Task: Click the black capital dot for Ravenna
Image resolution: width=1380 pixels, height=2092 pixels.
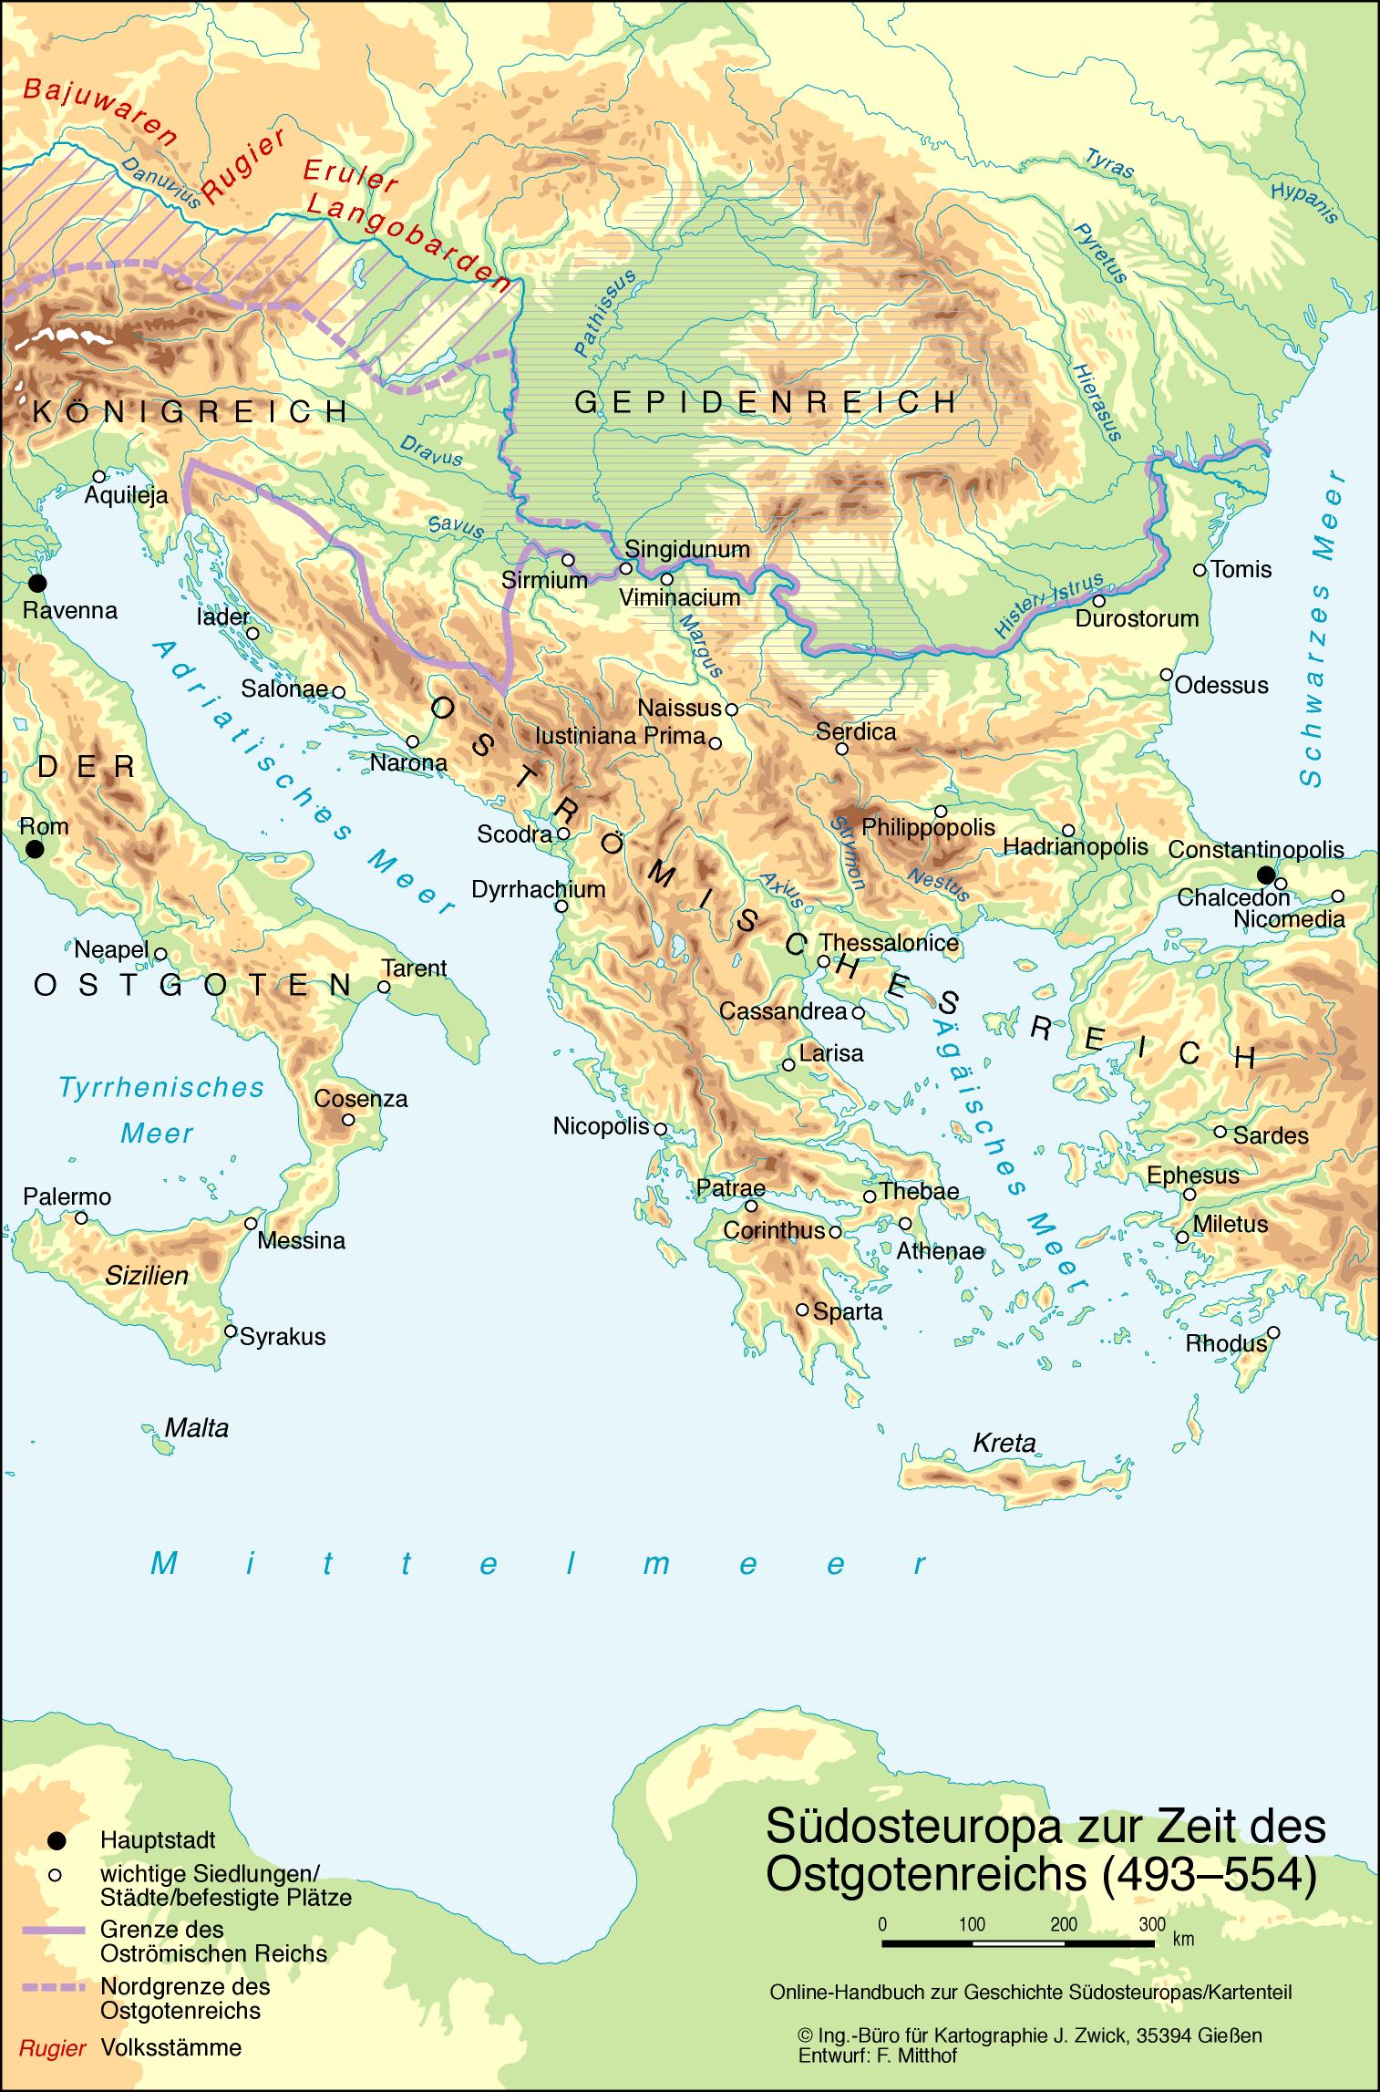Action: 36,583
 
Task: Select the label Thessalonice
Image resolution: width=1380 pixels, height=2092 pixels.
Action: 889,943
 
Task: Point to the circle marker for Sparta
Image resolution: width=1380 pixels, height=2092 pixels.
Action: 802,1310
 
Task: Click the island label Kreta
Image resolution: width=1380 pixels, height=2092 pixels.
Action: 1004,1443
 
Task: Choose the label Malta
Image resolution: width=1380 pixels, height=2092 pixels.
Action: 196,1428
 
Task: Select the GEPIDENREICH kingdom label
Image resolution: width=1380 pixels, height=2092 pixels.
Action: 766,401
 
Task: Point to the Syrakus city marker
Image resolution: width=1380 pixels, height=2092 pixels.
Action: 231,1331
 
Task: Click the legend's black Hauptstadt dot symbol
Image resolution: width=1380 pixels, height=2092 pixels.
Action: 57,1839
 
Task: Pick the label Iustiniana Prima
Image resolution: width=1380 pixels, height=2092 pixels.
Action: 620,736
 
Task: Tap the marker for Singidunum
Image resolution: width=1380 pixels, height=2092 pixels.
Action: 626,568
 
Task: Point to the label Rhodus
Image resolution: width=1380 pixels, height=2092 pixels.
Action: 1225,1344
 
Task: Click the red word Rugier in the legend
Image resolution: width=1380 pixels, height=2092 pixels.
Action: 53,2048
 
